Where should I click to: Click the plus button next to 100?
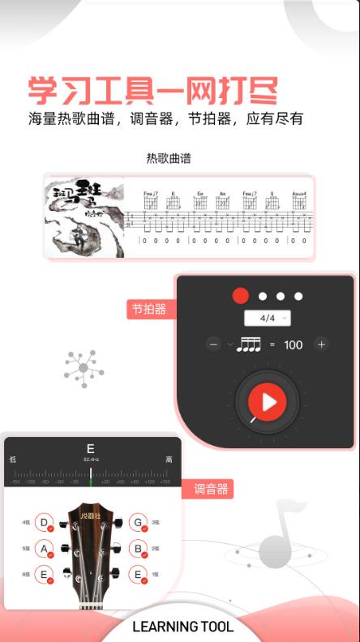click(321, 345)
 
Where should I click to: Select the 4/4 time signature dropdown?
click(268, 318)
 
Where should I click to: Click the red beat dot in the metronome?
click(240, 296)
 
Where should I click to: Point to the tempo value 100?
click(293, 345)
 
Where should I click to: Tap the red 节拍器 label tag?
click(149, 309)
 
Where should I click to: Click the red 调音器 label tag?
click(212, 489)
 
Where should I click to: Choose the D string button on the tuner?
click(45, 523)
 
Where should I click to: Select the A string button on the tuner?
click(45, 549)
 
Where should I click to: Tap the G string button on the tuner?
click(139, 523)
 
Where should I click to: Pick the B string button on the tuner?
click(139, 549)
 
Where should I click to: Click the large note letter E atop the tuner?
click(91, 448)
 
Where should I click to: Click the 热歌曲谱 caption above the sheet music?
click(169, 158)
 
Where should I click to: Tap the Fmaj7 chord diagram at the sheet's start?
click(149, 201)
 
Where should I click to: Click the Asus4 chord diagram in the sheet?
click(298, 201)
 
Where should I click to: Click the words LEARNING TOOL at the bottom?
click(182, 627)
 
